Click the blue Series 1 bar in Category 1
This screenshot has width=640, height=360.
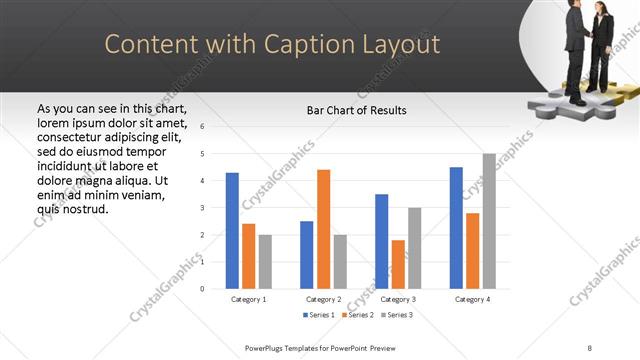[x=232, y=231]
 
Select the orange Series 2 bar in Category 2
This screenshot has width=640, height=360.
[x=323, y=229]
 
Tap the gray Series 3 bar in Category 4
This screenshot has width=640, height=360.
[x=489, y=221]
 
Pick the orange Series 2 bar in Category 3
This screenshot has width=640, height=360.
[x=398, y=264]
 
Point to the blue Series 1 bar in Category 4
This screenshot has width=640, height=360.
[x=456, y=228]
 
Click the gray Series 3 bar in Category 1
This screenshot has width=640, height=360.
[x=265, y=262]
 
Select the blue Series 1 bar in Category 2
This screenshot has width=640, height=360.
[x=307, y=255]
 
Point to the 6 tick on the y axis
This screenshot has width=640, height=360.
[x=203, y=127]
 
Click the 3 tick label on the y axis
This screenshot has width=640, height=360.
[x=203, y=208]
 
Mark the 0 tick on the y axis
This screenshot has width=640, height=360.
[x=203, y=289]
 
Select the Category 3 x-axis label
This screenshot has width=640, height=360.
[x=398, y=299]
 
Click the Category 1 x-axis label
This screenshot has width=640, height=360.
[x=248, y=299]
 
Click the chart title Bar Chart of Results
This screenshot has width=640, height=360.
[x=356, y=110]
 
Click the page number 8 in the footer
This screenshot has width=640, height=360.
[x=590, y=347]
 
